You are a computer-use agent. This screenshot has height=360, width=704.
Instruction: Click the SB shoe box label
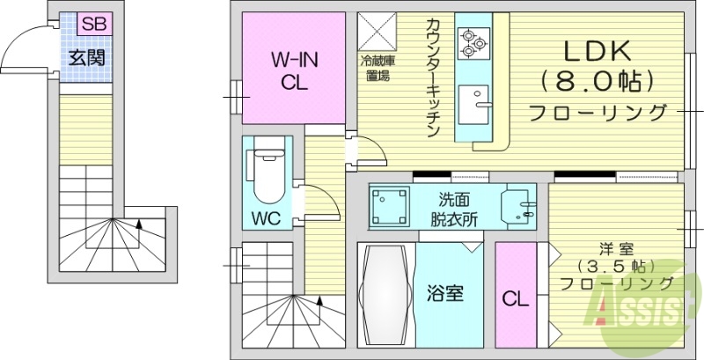coord(93,25)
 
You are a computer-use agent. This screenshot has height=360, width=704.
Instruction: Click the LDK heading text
coord(597,49)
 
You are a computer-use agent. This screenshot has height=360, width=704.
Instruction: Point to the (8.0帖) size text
coord(597,82)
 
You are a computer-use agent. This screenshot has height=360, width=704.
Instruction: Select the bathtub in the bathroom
coord(385,296)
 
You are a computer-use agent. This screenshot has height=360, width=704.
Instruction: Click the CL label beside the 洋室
coord(516,299)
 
